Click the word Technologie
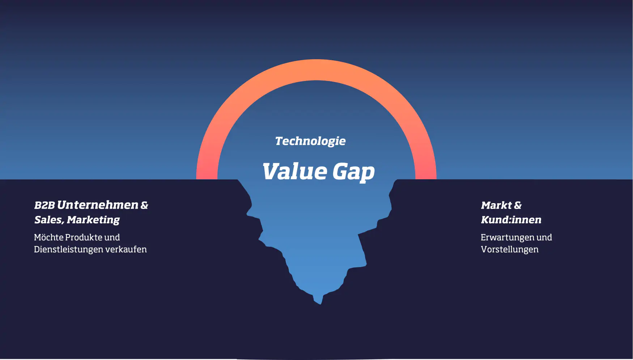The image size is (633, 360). pos(310,141)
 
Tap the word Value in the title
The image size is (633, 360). pos(294,171)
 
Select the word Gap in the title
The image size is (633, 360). pos(353,172)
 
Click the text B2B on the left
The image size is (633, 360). pos(44,205)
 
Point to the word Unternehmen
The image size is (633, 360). pos(98,205)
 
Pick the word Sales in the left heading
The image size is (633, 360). pos(48,220)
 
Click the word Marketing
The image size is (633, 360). pos(93,220)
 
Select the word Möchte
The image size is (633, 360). pos(48,237)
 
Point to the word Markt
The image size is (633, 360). pos(496,205)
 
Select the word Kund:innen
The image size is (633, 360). pos(511,220)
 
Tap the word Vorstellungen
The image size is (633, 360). pos(510,249)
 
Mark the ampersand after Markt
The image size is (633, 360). pos(518,205)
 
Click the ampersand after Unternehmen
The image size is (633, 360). pos(144,205)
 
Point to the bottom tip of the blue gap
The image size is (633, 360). pos(320,303)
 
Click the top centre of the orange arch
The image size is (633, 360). pos(316,70)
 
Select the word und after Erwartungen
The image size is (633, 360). pos(544,237)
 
